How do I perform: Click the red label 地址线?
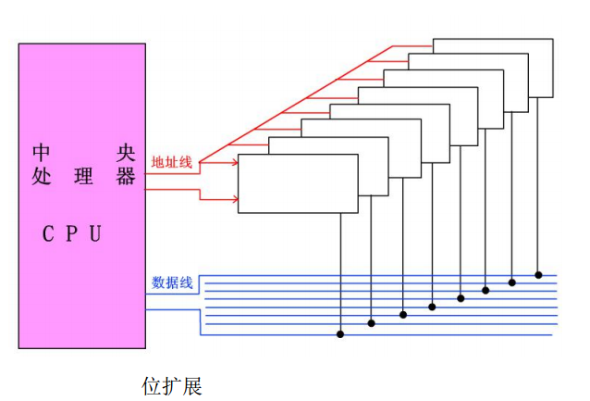172,162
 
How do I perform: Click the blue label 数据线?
172,282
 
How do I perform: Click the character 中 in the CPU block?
41,151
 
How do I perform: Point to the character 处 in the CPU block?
41,176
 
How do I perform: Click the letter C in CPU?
49,233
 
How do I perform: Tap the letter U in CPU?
94,233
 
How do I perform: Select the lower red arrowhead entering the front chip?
233,198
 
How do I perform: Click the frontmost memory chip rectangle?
297,183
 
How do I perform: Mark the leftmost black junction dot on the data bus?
340,333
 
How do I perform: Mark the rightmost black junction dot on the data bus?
538,275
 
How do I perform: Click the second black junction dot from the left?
372,323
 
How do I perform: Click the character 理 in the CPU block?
84,176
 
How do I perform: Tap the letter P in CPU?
72,233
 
